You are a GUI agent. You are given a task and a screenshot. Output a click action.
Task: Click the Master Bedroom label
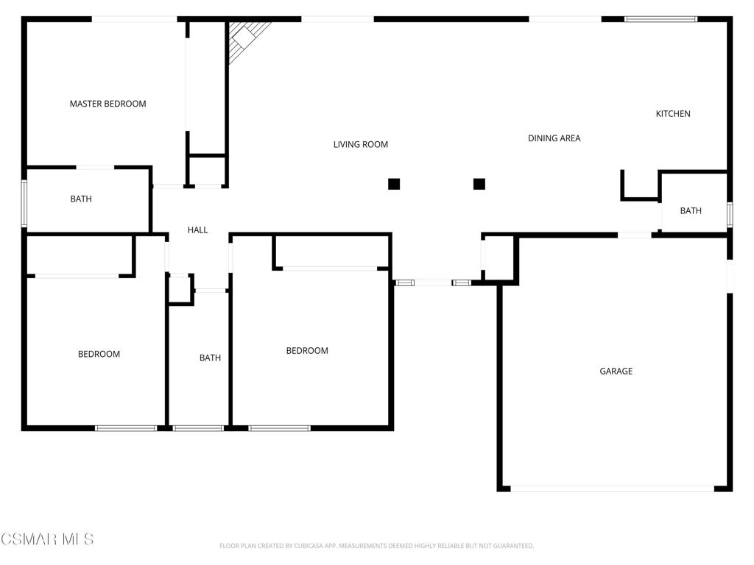tap(108, 104)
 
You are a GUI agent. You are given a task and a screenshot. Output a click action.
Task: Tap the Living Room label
tap(360, 144)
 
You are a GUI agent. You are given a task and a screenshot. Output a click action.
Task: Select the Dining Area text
tap(554, 138)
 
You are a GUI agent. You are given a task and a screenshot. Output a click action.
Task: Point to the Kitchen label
tap(673, 113)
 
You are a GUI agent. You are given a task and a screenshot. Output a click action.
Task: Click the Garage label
tap(616, 371)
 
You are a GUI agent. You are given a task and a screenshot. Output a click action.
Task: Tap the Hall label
tap(197, 230)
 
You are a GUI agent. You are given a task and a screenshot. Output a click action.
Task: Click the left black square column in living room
tap(394, 184)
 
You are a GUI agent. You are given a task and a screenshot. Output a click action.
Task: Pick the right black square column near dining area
tap(479, 184)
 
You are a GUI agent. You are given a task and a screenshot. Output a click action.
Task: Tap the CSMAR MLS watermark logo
tap(47, 539)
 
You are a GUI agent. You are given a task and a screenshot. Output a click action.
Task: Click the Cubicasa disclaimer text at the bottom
tap(376, 546)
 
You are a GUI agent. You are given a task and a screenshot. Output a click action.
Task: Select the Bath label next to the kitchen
tap(691, 210)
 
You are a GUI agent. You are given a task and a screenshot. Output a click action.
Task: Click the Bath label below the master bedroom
tap(81, 199)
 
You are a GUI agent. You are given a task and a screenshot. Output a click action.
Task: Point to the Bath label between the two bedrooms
tap(210, 358)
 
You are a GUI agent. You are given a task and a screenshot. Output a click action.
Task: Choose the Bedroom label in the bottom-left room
tap(99, 354)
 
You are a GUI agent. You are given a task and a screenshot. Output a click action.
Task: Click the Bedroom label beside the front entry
tap(307, 350)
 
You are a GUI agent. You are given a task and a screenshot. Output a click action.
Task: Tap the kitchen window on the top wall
tap(660, 19)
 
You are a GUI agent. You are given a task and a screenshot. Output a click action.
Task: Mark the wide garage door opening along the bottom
tap(612, 488)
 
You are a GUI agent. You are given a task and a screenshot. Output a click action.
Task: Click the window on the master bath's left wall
tap(24, 203)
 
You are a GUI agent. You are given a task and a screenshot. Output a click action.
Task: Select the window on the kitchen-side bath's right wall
tap(730, 213)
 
